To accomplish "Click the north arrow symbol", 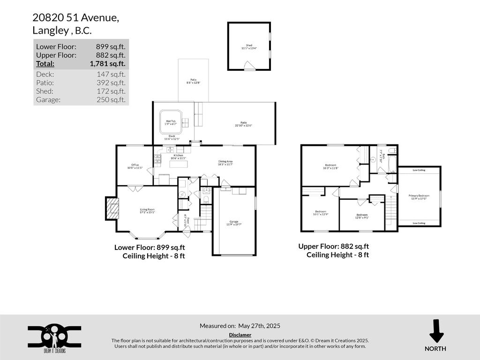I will click(x=436, y=332).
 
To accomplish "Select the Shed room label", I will click(x=249, y=46).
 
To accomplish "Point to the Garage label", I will click(x=234, y=223).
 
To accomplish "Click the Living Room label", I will click(x=147, y=210).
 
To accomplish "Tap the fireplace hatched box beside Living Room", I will click(x=112, y=208).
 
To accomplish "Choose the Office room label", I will click(x=135, y=166).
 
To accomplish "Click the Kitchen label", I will click(x=178, y=157).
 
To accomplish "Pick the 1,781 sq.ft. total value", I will click(x=107, y=64).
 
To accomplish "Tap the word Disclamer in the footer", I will click(x=240, y=335).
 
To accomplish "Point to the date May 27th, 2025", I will click(x=259, y=326).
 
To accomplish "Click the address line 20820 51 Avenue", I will click(x=75, y=18).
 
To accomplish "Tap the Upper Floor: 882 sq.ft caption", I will click(x=333, y=246).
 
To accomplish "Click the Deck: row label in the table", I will click(x=45, y=74).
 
